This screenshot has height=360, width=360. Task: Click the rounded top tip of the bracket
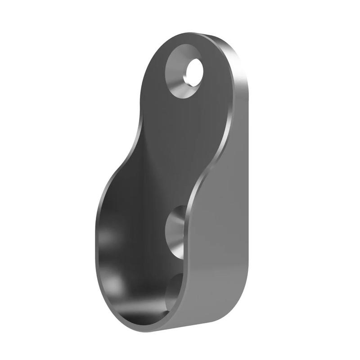point(198,36)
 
